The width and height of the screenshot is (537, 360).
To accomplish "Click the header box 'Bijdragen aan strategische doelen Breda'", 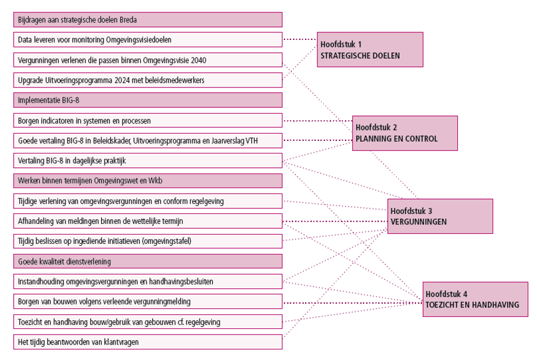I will (148, 20).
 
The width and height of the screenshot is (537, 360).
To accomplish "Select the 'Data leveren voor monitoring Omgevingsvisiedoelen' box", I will (148, 40).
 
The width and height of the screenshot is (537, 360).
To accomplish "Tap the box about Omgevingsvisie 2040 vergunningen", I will (148, 61).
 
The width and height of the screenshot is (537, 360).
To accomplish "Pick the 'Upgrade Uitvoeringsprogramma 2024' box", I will (148, 80).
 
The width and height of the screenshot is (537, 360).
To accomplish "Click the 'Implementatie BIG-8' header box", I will (148, 100).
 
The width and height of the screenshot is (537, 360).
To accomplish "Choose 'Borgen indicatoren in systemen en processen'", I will (148, 120).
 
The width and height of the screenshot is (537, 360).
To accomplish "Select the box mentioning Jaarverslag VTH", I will (148, 141).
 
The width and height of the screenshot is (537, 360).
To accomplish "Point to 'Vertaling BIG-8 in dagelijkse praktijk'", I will (148, 161).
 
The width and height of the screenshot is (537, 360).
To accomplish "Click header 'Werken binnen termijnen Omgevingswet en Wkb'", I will (148, 181).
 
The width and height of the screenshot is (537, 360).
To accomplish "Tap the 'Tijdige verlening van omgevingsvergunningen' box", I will (148, 201).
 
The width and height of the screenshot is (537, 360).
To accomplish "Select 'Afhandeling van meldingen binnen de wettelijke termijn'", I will (148, 221).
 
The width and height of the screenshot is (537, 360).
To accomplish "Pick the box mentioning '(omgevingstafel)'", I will (148, 241).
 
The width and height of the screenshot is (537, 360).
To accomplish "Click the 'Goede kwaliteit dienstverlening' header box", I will (148, 261).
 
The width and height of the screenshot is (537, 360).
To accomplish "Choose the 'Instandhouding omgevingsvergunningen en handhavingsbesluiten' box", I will (148, 281).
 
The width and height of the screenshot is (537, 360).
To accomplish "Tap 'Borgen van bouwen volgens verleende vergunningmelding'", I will (148, 302).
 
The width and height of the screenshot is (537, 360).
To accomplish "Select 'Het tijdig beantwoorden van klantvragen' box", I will (148, 342).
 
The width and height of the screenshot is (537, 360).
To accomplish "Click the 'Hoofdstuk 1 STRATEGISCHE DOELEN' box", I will (370, 50).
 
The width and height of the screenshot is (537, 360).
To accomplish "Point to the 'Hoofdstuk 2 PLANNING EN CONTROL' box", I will (405, 133).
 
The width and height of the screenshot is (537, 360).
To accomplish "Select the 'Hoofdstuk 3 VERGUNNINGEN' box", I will (440, 216).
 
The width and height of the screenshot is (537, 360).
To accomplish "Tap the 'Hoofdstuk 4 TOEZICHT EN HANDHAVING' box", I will (474, 299).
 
